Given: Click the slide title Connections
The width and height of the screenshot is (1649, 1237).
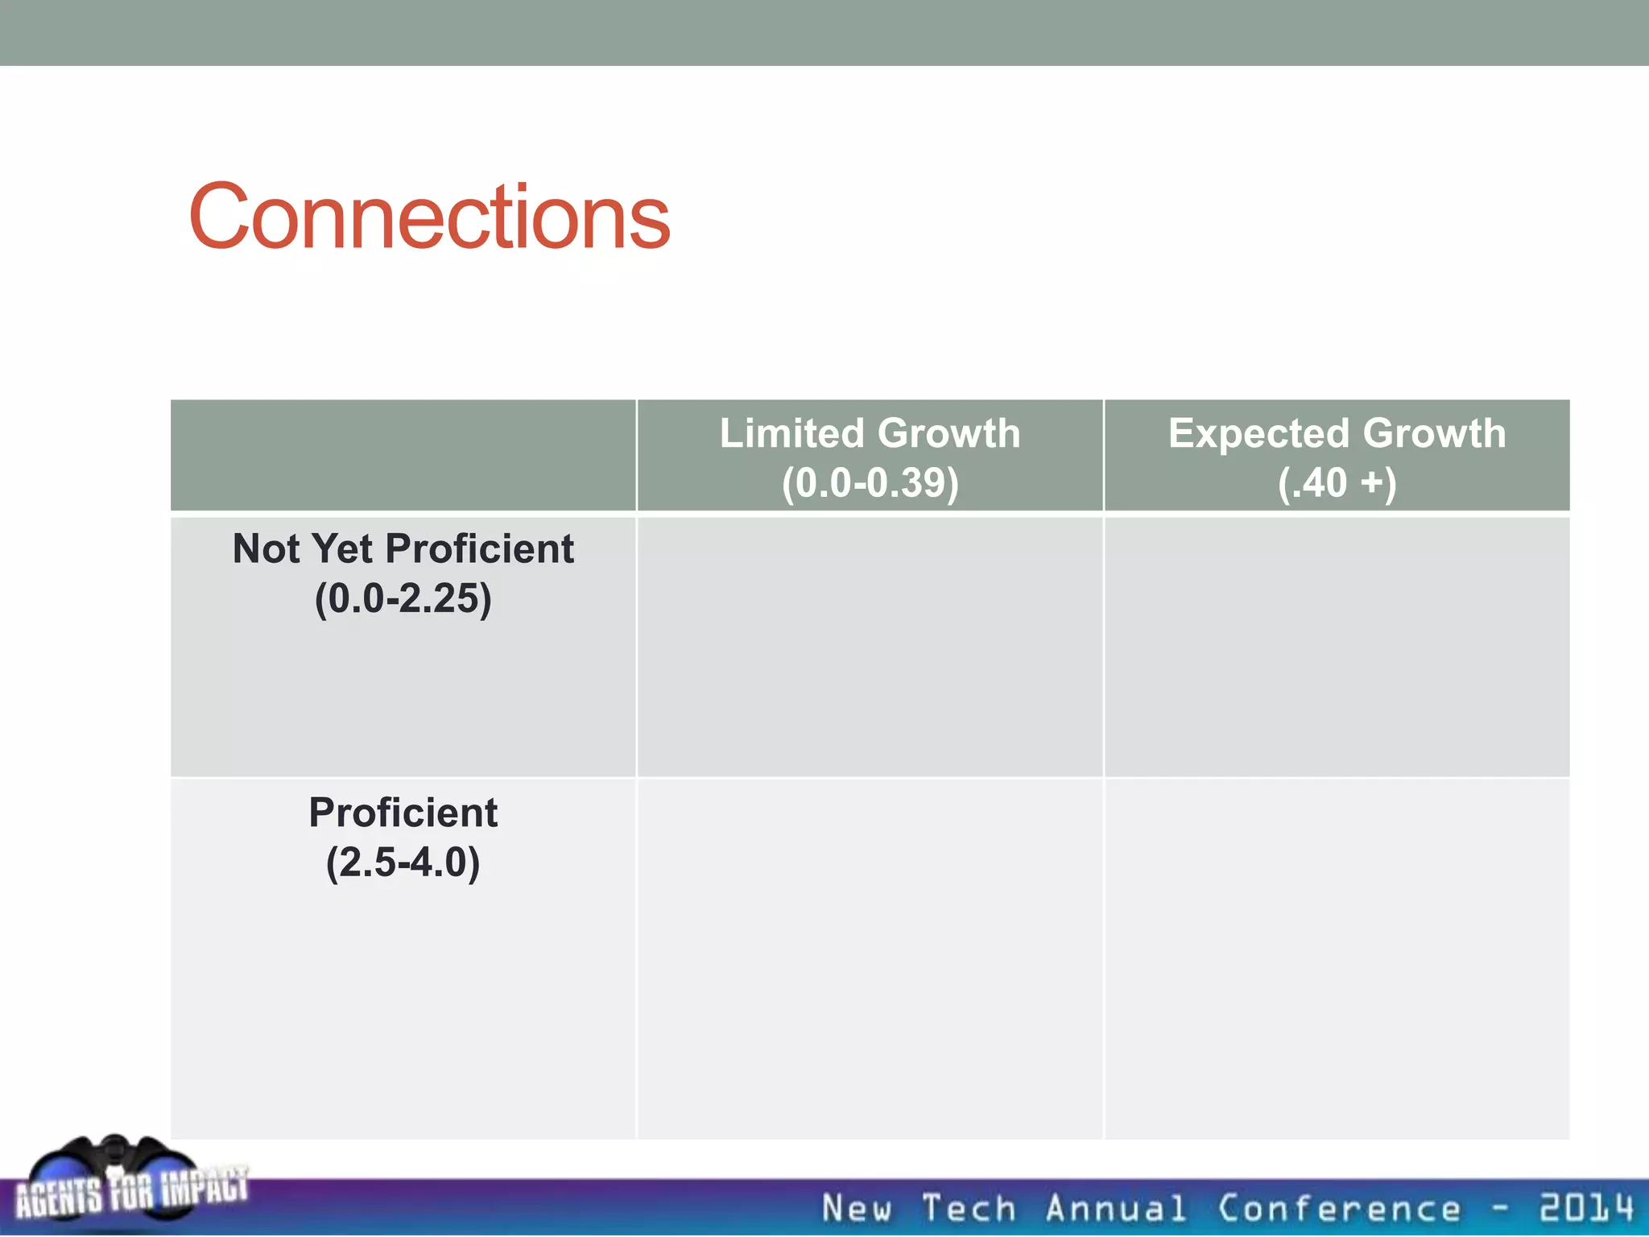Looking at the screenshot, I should pyautogui.click(x=428, y=217).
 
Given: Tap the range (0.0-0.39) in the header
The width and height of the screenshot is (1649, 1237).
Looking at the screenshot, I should pyautogui.click(x=870, y=482).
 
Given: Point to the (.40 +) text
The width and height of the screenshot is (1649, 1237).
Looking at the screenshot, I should pyautogui.click(x=1337, y=482).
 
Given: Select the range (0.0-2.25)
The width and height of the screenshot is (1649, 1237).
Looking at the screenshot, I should pyautogui.click(x=403, y=598).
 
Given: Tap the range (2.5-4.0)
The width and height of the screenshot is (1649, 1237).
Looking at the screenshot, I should pyautogui.click(x=403, y=863).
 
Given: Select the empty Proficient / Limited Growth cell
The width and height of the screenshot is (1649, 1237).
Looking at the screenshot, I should pyautogui.click(x=870, y=958).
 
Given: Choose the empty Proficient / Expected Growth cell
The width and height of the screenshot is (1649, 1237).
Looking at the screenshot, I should pyautogui.click(x=1337, y=958).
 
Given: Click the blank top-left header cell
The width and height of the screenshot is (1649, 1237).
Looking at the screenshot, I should pyautogui.click(x=403, y=455).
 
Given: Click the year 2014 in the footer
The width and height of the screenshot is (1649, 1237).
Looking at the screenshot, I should pyautogui.click(x=1586, y=1208).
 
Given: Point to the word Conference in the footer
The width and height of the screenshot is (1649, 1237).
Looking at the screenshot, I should pyautogui.click(x=1338, y=1208).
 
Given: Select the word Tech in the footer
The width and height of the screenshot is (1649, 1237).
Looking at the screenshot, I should pyautogui.click(x=969, y=1208).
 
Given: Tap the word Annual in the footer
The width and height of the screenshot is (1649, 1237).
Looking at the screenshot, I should pyautogui.click(x=1116, y=1208).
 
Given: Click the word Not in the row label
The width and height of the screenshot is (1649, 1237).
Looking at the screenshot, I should pyautogui.click(x=266, y=549).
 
